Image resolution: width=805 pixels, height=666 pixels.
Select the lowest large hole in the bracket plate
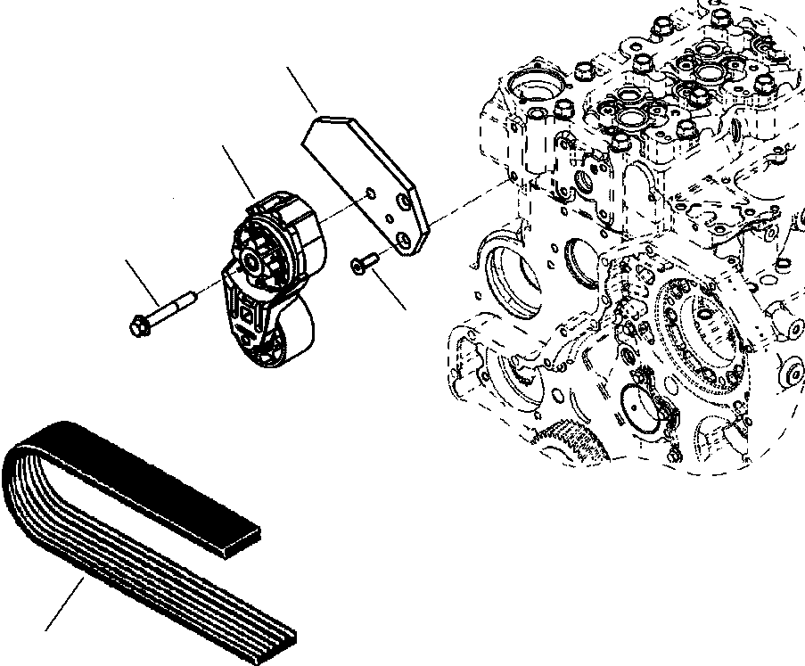405,240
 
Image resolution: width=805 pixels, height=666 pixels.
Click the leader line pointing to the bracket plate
302,89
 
